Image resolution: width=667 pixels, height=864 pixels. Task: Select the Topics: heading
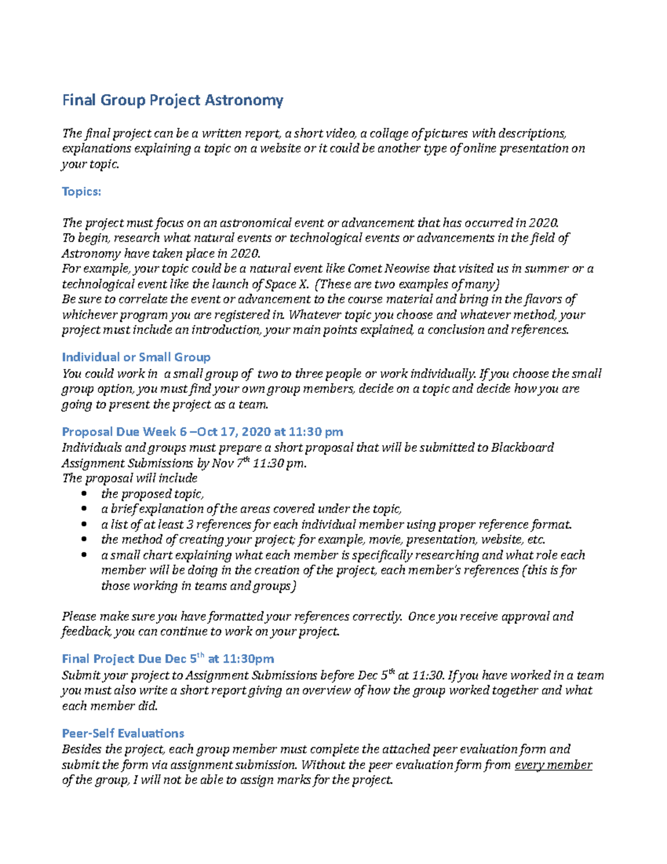click(81, 191)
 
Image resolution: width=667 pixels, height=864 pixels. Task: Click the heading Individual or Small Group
click(136, 357)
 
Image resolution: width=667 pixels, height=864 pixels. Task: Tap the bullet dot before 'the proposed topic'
click(83, 494)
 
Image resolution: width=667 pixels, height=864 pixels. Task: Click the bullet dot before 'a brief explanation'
click(83, 509)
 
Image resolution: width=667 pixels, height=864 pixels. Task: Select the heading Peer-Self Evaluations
click(123, 733)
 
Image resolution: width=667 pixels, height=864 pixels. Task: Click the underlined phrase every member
click(553, 765)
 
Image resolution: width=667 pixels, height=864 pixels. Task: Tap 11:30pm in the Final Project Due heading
click(248, 659)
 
